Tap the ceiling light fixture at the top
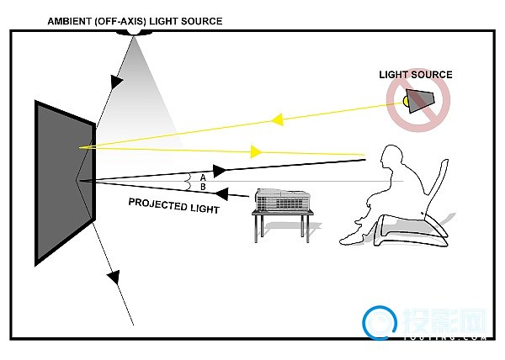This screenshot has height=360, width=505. click(x=133, y=31)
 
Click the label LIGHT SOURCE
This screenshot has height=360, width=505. click(x=415, y=75)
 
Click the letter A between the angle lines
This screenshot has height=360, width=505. click(x=202, y=176)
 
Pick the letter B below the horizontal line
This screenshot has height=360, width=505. click(x=202, y=187)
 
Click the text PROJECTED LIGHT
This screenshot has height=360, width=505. click(x=173, y=204)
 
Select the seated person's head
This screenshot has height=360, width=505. click(x=392, y=158)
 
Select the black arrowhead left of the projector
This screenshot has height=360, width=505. click(x=239, y=197)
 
